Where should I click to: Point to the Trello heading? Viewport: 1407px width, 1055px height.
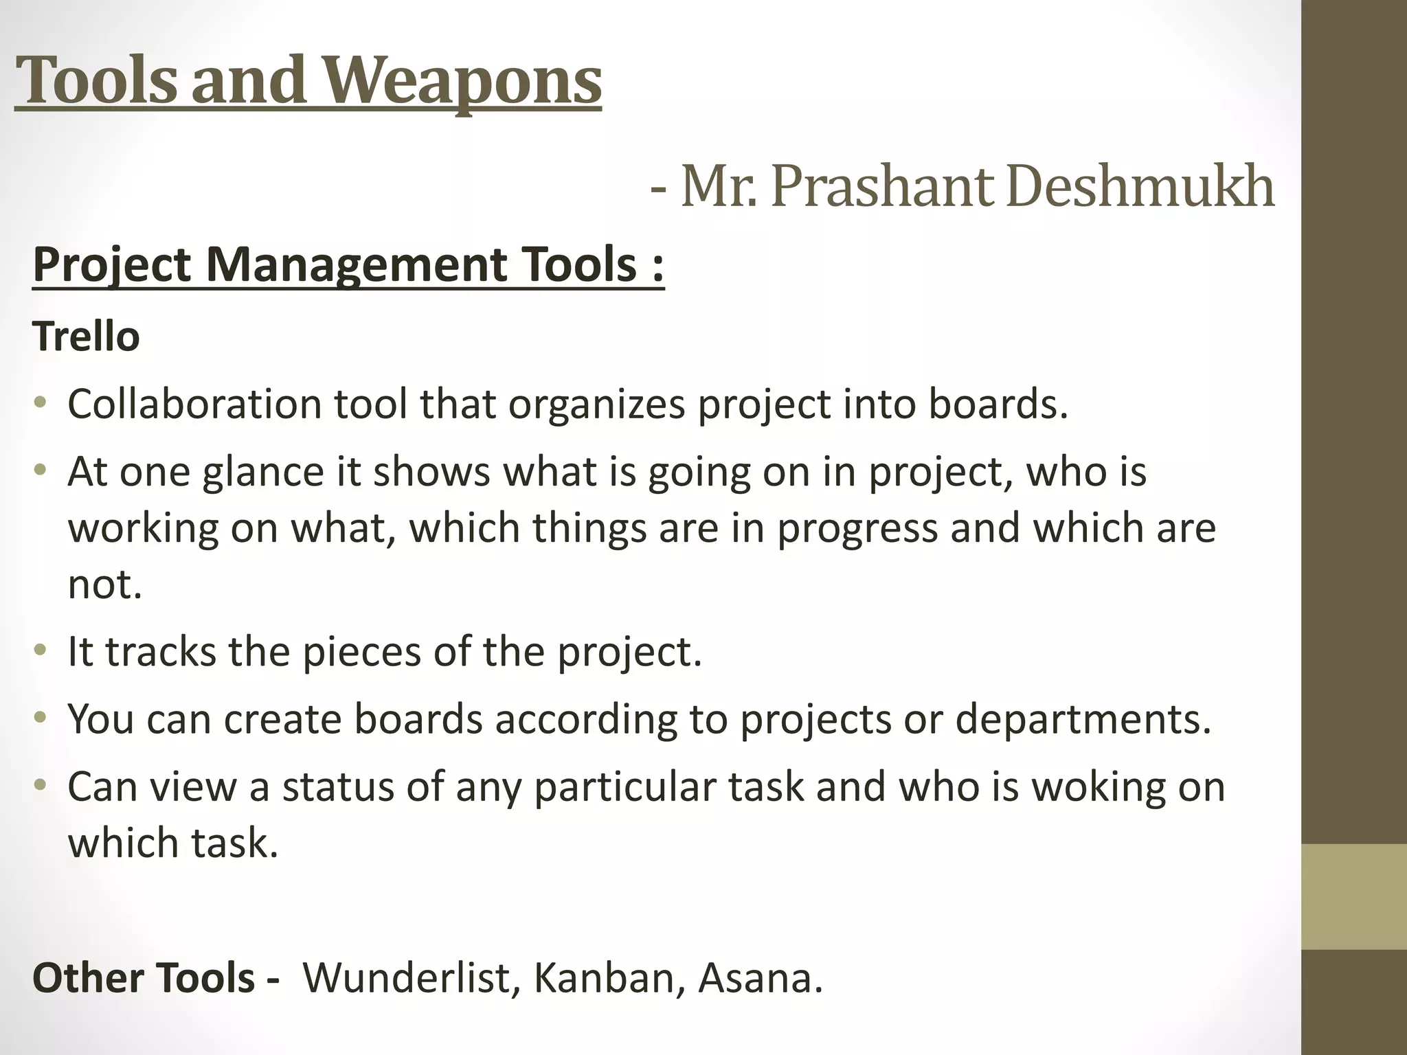86,337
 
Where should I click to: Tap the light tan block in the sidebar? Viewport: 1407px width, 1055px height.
1353,896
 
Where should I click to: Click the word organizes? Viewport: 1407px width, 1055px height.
597,404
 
